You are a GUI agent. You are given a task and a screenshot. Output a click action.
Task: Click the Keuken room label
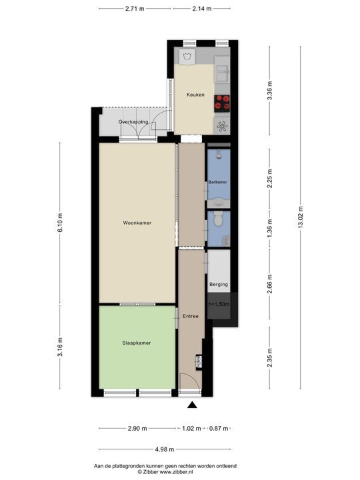[x=195, y=95]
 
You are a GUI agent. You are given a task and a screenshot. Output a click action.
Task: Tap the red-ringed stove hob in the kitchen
[x=222, y=103]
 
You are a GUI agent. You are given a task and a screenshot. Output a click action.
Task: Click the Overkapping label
[x=133, y=123]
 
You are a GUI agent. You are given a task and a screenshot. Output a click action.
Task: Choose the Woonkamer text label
[x=137, y=223]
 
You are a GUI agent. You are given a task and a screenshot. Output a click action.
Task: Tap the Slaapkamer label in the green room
[x=136, y=343]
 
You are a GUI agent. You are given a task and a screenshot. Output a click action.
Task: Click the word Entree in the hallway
[x=191, y=316]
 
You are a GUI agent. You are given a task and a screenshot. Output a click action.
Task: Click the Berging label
[x=219, y=285]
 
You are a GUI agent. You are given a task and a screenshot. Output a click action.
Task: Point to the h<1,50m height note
[x=219, y=304]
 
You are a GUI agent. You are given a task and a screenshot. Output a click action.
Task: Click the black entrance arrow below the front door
[x=193, y=405]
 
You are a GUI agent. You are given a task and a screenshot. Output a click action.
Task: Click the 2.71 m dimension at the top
[x=135, y=9]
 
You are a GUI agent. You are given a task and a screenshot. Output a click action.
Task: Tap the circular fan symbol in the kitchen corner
[x=222, y=125]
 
